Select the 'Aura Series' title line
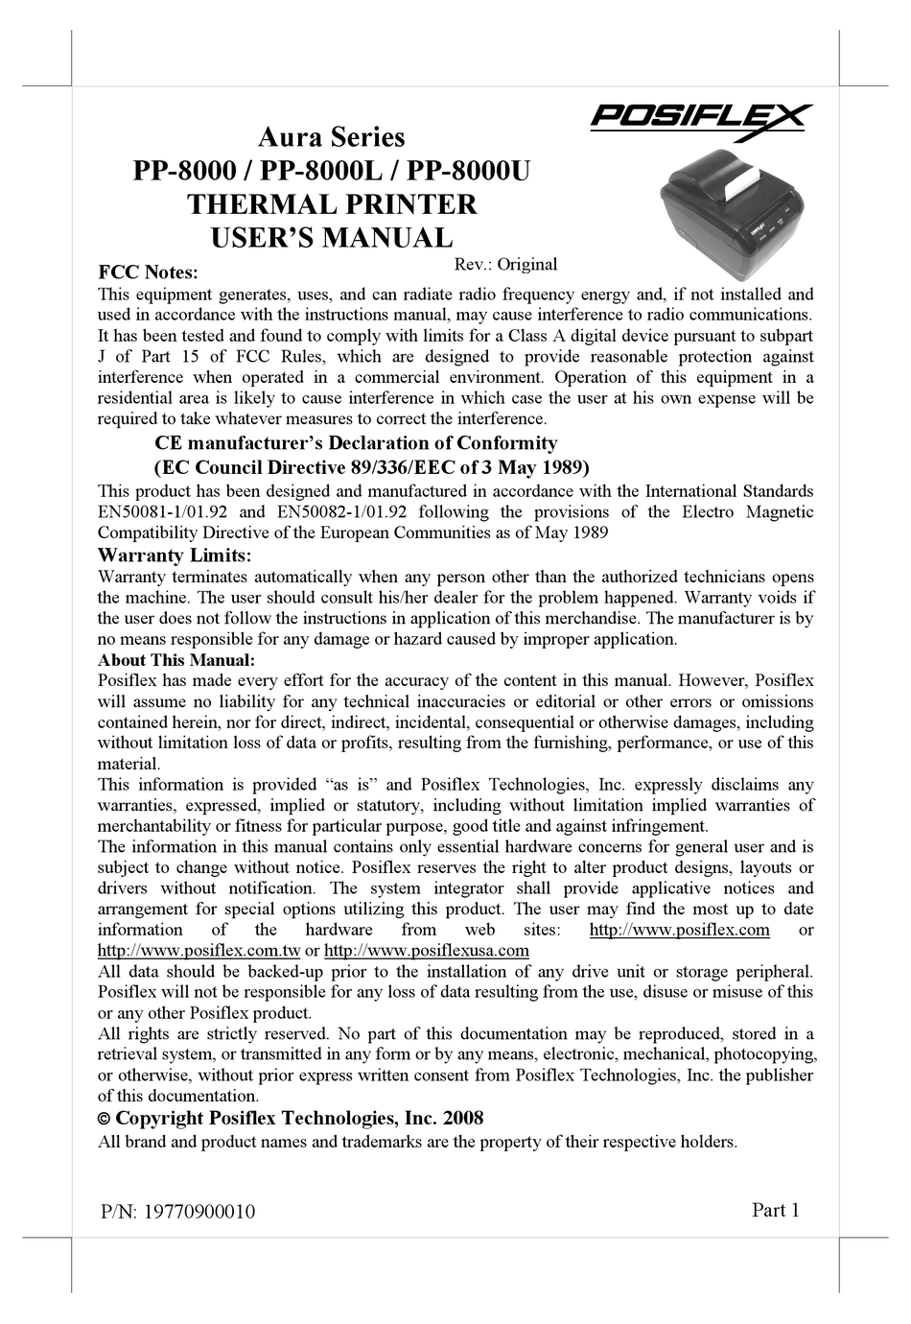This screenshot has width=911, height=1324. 332,137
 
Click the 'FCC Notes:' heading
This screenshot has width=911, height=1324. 149,273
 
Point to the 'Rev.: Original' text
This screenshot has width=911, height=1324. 504,264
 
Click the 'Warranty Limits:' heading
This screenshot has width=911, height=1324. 175,556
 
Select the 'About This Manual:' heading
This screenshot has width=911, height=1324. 176,660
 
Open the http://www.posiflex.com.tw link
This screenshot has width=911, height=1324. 199,950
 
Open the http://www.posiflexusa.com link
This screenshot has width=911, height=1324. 427,950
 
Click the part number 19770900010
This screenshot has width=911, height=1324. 199,1212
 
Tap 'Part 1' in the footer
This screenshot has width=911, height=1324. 775,1210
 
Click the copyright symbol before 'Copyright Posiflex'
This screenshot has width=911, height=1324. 105,1119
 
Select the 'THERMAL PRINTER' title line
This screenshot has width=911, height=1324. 332,204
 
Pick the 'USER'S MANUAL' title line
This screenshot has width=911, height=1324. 332,238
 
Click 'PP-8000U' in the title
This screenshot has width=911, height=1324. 469,171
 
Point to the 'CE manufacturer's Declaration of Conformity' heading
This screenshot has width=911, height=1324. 356,443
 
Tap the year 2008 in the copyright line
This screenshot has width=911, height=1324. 463,1118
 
